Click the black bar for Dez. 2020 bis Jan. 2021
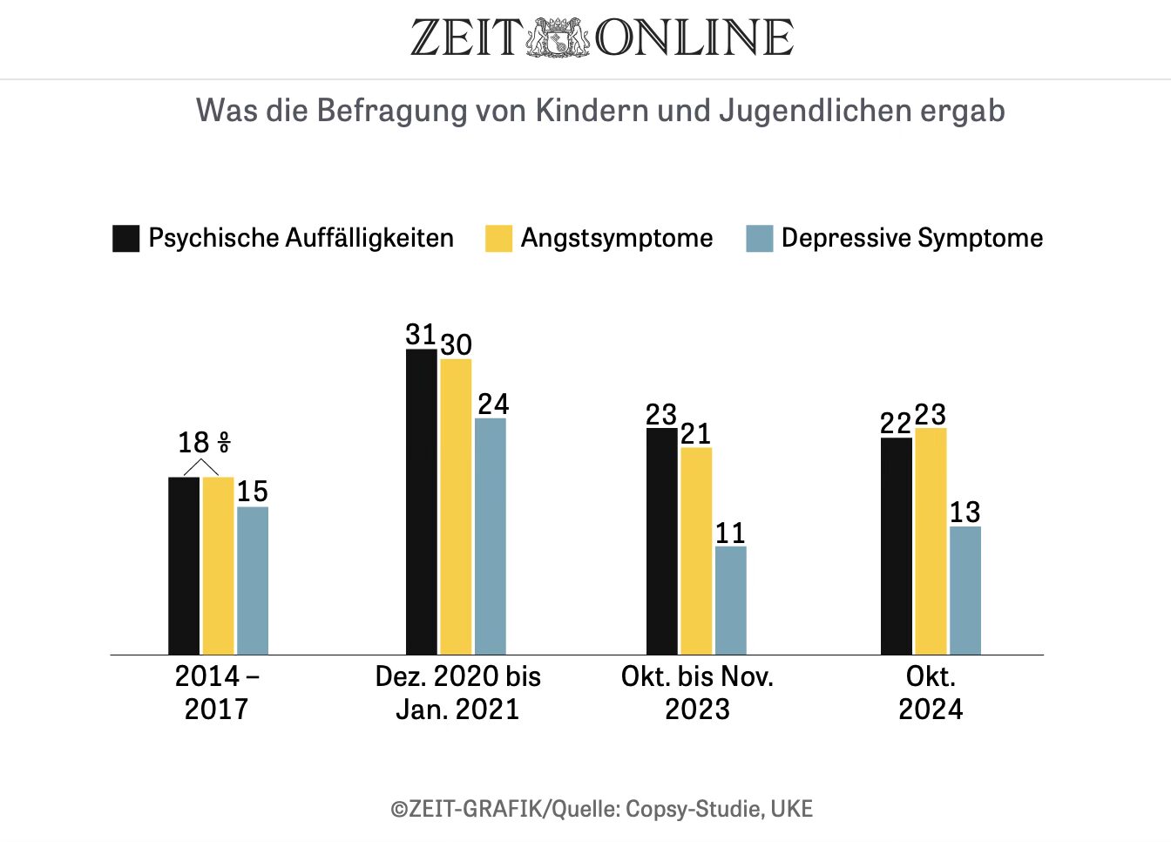click(422, 501)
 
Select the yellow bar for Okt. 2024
click(931, 541)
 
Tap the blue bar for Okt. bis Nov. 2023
click(730, 601)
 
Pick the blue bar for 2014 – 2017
click(253, 581)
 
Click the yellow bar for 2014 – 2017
click(218, 566)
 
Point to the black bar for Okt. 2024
click(896, 546)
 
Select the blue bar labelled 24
click(491, 536)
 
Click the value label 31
click(420, 334)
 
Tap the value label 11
click(730, 533)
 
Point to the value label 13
click(965, 512)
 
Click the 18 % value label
click(204, 443)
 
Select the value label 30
click(456, 344)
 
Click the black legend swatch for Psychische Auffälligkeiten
click(126, 239)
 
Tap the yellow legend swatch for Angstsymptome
click(498, 239)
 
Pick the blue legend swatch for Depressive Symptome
click(760, 239)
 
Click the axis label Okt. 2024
click(931, 693)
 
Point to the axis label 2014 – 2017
click(216, 693)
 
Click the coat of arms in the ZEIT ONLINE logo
click(558, 37)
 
